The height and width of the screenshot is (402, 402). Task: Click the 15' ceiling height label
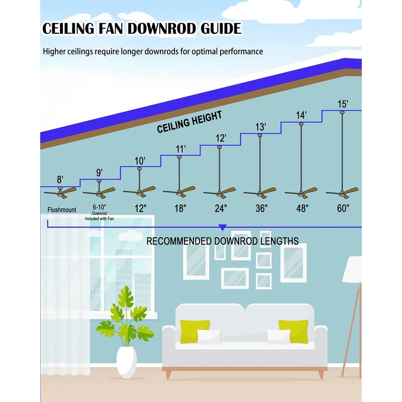pos(343,104)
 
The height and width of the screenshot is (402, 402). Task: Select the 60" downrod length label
pos(343,208)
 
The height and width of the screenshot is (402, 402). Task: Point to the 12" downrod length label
pos(140,208)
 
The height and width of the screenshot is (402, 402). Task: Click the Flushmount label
pos(62,210)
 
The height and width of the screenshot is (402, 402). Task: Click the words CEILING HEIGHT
pos(189,123)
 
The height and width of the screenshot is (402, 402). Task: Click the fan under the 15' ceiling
pos(342,191)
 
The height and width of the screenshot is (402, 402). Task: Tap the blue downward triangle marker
pos(223,227)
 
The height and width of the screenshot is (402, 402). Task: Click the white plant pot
pos(127,362)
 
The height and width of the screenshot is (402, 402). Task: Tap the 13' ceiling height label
pos(260,127)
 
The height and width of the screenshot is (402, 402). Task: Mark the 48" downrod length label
pos(301,208)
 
